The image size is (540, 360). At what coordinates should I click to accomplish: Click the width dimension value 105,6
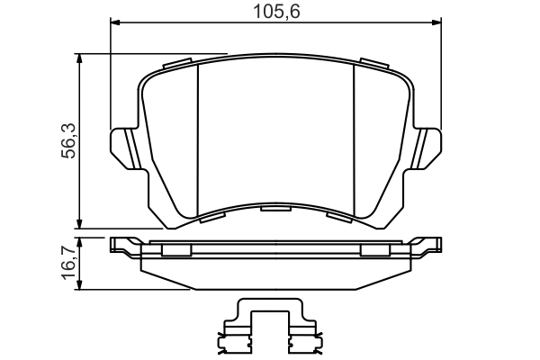[275, 11]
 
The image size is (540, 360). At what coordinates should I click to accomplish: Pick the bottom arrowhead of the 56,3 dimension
[81, 222]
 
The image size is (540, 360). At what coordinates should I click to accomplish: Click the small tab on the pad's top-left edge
[179, 64]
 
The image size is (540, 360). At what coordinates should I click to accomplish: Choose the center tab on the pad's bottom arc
[275, 208]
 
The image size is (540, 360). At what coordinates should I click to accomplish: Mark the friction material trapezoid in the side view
[275, 274]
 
